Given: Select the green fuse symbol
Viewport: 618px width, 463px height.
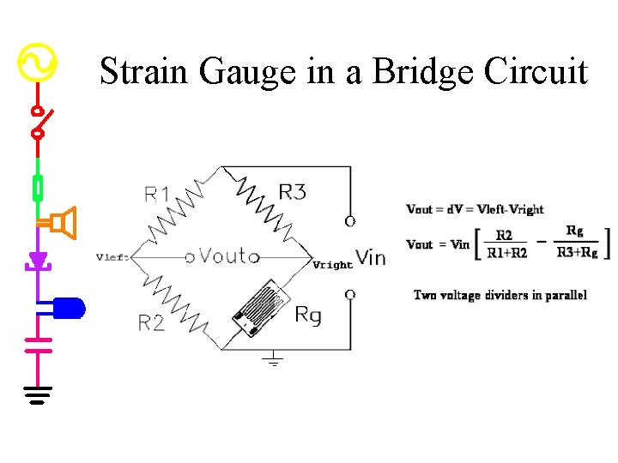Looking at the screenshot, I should click(x=38, y=187).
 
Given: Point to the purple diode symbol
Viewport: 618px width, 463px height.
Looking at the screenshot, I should click(x=38, y=260).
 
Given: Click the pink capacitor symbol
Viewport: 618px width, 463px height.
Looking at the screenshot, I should click(x=38, y=344).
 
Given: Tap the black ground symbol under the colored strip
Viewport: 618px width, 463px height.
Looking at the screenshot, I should click(x=38, y=394).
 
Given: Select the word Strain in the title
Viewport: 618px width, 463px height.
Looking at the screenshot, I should click(x=145, y=71).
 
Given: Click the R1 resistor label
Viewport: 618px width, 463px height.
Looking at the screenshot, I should click(x=156, y=195).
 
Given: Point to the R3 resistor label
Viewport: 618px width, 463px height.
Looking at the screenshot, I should click(x=292, y=192).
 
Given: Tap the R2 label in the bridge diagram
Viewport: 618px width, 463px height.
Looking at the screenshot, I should click(x=151, y=322).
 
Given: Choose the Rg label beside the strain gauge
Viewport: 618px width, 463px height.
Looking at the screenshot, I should click(x=307, y=315).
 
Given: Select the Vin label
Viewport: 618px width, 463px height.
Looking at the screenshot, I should click(x=370, y=257).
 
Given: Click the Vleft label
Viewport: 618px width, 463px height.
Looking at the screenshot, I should click(x=112, y=256).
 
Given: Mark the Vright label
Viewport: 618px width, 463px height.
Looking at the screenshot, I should click(x=332, y=265).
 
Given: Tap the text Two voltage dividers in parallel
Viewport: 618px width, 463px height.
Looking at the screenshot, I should click(x=500, y=295).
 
